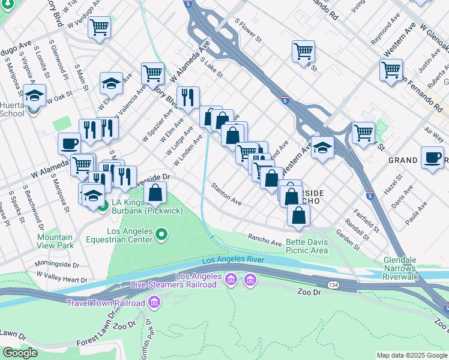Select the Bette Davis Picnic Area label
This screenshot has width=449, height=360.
click(307, 245)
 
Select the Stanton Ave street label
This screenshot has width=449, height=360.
click(226, 194)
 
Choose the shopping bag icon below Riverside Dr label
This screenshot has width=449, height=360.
click(155, 193)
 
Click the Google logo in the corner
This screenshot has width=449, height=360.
click(20, 353)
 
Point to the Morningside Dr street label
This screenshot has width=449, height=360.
click(56, 264)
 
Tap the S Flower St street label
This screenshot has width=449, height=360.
click(249, 31)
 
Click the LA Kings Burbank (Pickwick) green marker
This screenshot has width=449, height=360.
click(103, 208)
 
